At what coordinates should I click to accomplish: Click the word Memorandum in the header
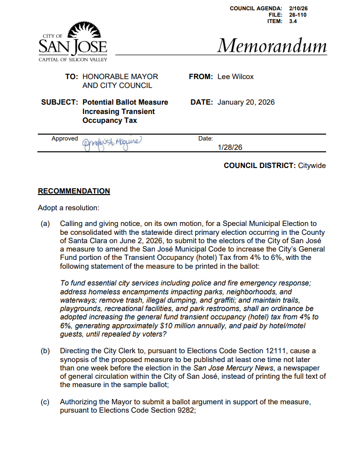pos(271,46)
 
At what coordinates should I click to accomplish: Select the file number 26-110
pos(299,15)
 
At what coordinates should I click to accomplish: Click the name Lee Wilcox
pos(236,77)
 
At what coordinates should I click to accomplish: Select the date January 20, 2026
pos(246,102)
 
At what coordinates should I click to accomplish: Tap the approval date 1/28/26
pos(230,147)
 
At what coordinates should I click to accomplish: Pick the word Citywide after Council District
pos(312,166)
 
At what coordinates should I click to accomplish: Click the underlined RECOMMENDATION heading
pos(74,191)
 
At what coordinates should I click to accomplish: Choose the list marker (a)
pos(45,224)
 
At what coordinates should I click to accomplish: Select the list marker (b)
pos(45,351)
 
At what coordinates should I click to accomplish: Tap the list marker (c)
pos(45,402)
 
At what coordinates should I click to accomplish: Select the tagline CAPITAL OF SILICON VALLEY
pos(73,59)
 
